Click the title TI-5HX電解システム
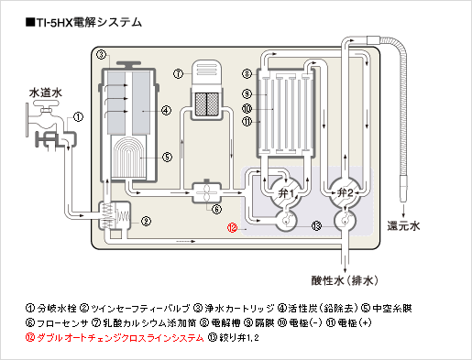pyautogui.click(x=83, y=22)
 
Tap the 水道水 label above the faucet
pyautogui.click(x=45, y=93)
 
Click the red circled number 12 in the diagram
pyautogui.click(x=232, y=227)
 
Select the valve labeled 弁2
pyautogui.click(x=345, y=192)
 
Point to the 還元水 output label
pyautogui.click(x=403, y=226)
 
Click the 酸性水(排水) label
pyautogui.click(x=345, y=280)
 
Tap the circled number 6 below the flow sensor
pyautogui.click(x=216, y=210)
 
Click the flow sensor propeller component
pyautogui.click(x=206, y=192)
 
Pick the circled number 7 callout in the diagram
pyautogui.click(x=178, y=73)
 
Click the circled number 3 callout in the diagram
pyautogui.click(x=101, y=55)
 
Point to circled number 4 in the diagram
pyautogui.click(x=166, y=110)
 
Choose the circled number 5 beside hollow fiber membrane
pyautogui.click(x=167, y=157)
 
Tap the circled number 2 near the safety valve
pyautogui.click(x=146, y=221)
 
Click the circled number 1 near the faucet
pyautogui.click(x=78, y=116)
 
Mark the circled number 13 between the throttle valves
pyautogui.click(x=316, y=226)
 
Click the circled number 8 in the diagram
pyautogui.click(x=247, y=73)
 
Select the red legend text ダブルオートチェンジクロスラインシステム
pyautogui.click(x=120, y=338)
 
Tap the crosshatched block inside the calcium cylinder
pyautogui.click(x=207, y=104)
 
